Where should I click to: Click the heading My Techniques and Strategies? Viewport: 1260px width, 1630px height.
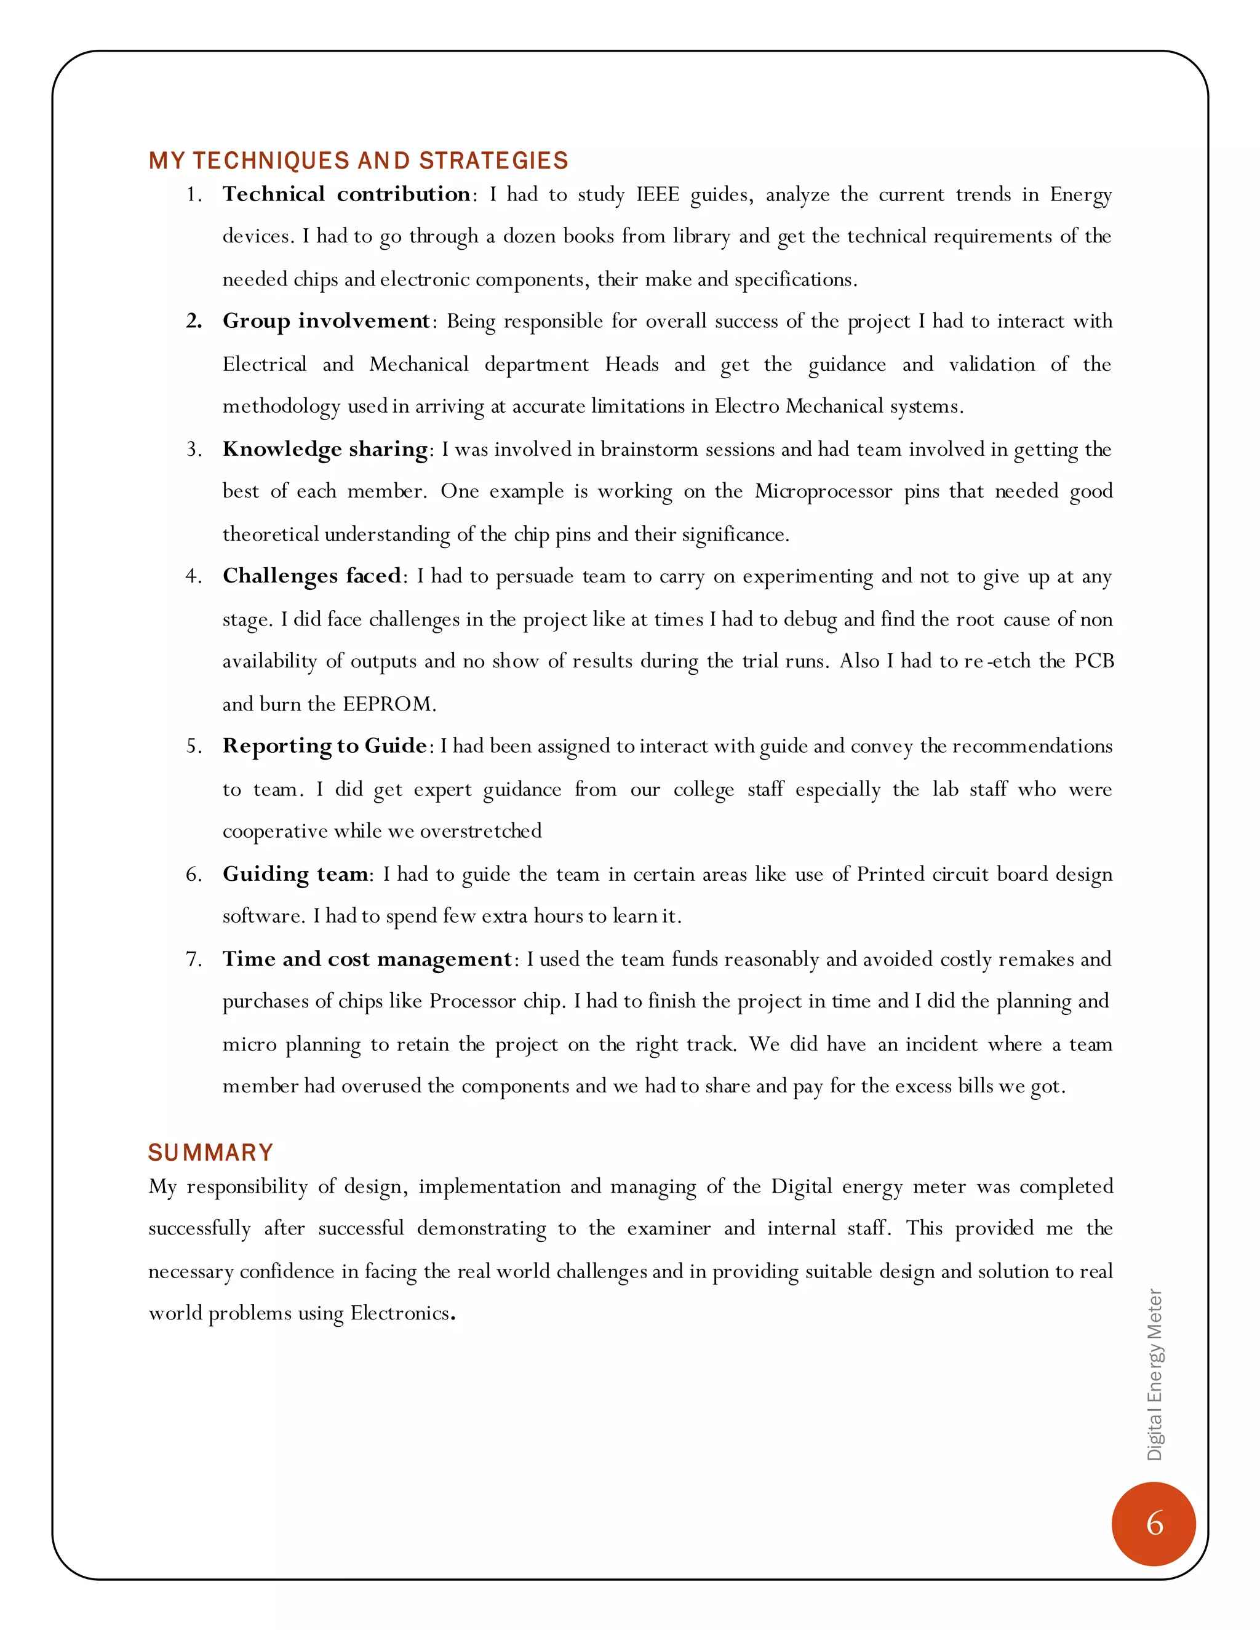tap(358, 161)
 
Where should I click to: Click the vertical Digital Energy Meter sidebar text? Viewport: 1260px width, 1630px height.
tap(1155, 1374)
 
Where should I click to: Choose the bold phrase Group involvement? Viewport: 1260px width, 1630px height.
tap(326, 321)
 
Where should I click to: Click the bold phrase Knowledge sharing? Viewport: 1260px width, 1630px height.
tap(325, 448)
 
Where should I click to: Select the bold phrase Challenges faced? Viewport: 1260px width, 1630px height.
tap(312, 576)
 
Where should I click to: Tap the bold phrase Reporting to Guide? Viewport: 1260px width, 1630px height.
tap(324, 745)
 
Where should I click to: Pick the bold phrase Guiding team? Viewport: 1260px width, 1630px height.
tap(295, 873)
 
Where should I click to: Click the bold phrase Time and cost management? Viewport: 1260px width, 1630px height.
tap(367, 958)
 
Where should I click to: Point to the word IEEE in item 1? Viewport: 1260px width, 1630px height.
tap(657, 195)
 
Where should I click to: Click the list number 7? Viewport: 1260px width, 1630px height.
tap(193, 959)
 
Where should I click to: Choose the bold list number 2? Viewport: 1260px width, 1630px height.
tap(193, 322)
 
